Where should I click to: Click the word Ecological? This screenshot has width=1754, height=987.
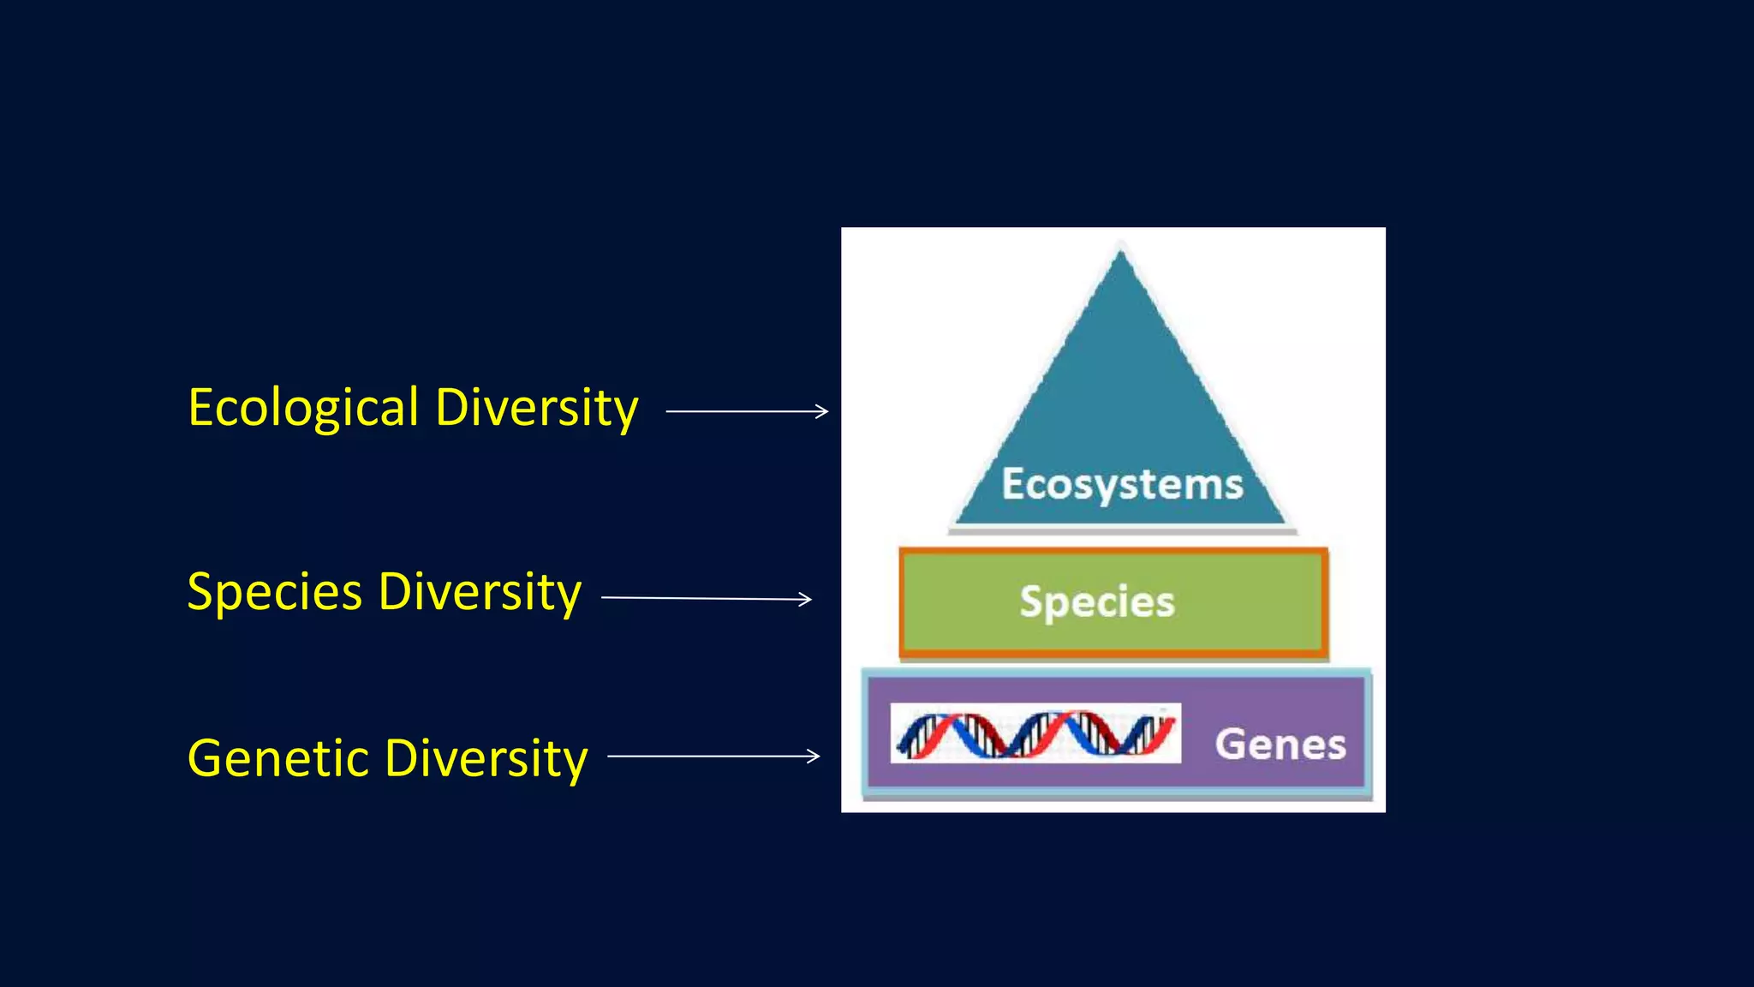303,408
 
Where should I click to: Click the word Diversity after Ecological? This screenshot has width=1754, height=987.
537,408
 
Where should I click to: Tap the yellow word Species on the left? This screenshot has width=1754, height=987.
274,593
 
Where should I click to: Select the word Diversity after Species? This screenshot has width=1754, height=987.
480,592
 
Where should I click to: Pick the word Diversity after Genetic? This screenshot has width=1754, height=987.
486,759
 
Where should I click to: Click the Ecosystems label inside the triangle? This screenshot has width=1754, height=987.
1122,485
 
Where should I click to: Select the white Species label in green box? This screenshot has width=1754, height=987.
1097,601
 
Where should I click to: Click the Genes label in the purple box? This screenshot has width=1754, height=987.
1280,744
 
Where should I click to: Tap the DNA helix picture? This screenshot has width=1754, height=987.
1035,733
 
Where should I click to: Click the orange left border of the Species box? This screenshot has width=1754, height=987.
902,602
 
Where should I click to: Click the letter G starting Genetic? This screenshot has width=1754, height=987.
205,759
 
